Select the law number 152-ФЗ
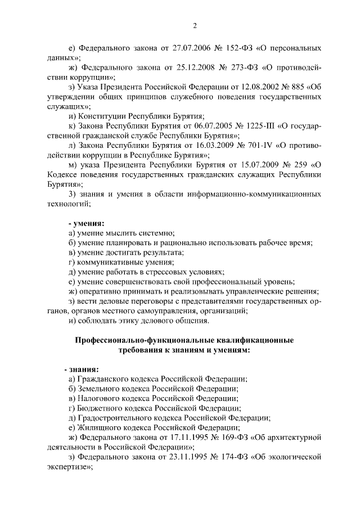click(x=232, y=48)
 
